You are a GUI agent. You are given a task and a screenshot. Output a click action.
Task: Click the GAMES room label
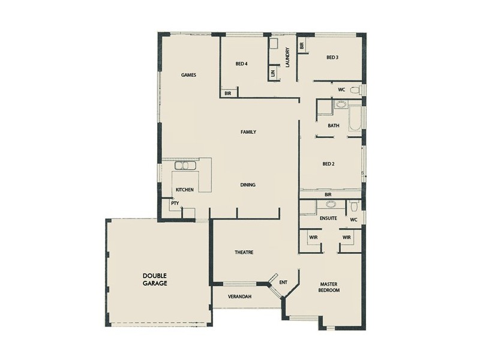tap(189, 75)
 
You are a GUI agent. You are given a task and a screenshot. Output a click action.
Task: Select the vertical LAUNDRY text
tap(288, 58)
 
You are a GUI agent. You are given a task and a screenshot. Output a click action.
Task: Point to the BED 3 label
tap(332, 58)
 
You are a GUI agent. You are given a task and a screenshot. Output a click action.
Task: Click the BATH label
tap(334, 126)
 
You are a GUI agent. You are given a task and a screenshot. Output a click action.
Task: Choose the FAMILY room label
tap(248, 131)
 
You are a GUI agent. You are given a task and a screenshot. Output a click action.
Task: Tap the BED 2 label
tap(328, 164)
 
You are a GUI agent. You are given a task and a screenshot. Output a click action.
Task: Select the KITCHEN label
tap(184, 190)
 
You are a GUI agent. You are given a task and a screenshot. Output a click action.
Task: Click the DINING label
tap(248, 185)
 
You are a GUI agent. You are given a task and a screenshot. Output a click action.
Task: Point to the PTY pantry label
tap(175, 203)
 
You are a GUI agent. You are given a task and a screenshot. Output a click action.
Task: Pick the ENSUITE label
tap(328, 218)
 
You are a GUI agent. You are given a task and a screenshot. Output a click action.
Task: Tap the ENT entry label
tap(284, 281)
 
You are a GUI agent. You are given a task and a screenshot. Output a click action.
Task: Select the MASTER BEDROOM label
tap(330, 287)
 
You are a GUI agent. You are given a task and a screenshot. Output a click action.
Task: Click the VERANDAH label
tap(239, 297)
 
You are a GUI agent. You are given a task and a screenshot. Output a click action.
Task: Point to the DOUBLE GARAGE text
tap(155, 279)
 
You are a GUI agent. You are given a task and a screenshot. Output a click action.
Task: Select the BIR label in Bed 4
tap(229, 94)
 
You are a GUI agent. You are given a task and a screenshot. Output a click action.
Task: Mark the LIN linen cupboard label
tap(273, 73)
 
